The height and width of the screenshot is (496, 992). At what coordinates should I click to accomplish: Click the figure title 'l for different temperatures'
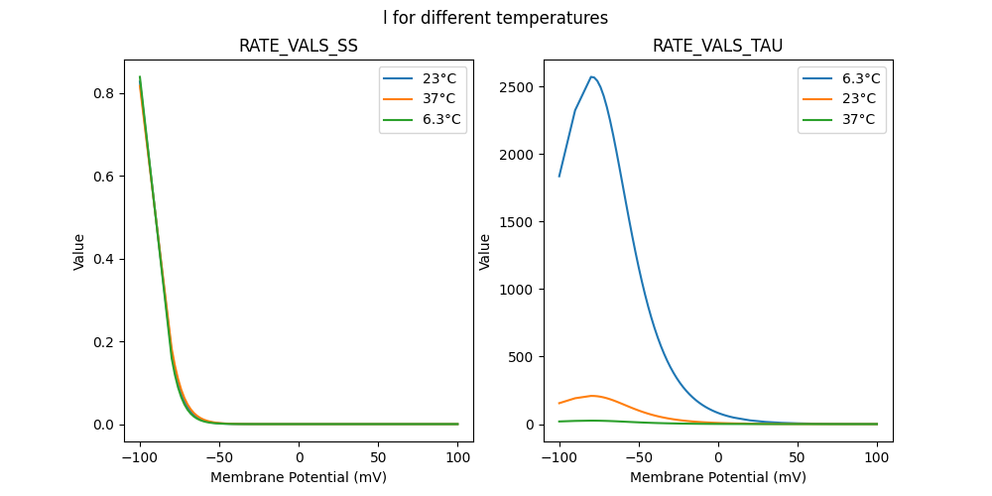click(496, 18)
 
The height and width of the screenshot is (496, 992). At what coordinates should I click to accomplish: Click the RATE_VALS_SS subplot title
click(299, 47)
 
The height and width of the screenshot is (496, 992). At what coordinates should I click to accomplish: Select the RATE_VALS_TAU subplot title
click(718, 47)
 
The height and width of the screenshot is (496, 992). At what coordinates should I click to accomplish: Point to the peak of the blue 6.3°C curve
click(591, 76)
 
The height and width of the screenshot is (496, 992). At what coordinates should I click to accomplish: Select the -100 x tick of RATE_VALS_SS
click(140, 457)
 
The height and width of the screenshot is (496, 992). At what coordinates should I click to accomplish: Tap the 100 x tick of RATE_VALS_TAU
click(877, 457)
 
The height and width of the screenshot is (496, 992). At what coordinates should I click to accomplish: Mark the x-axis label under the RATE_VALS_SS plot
click(299, 477)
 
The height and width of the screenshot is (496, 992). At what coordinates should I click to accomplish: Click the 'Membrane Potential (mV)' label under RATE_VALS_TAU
click(718, 477)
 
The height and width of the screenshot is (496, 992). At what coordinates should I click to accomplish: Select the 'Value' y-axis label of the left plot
click(79, 252)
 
